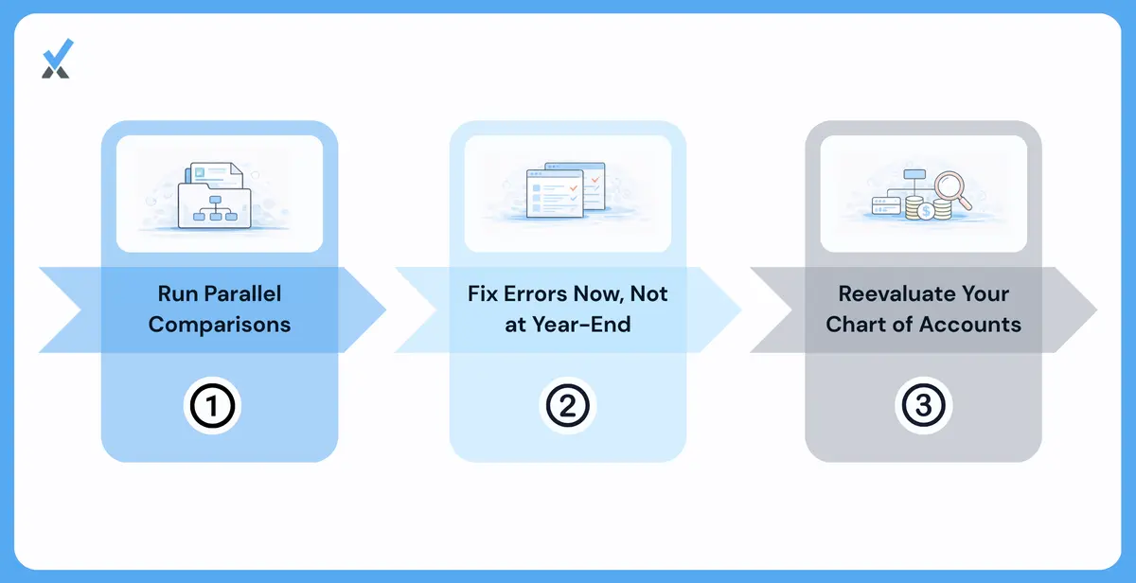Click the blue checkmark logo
(58, 59)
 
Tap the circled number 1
(212, 406)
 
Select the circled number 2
(568, 406)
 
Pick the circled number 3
(924, 406)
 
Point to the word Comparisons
(220, 325)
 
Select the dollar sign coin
(926, 211)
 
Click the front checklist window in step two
(555, 194)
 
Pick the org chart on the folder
(215, 208)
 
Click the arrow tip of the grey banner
(1096, 309)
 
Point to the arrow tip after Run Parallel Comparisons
(385, 309)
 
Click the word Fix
(483, 294)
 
